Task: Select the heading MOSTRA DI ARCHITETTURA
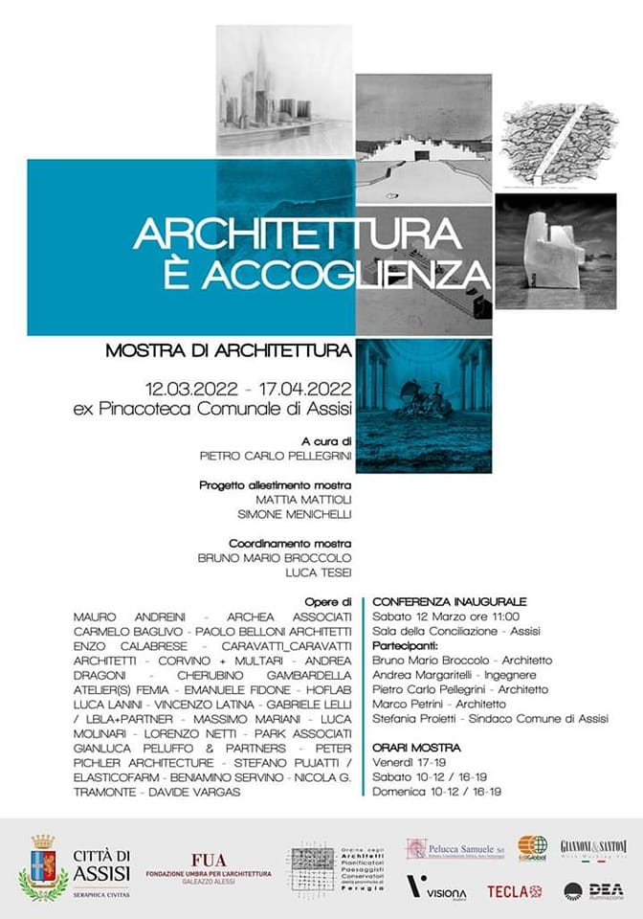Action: coord(229,351)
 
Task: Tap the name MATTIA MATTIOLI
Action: coord(303,499)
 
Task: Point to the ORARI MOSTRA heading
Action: coord(416,748)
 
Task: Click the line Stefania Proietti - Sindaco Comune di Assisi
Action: coord(490,719)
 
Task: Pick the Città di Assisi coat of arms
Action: coord(42,868)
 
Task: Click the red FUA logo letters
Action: coord(209,860)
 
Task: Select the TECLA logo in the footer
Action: coord(515,891)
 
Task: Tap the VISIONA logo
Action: coord(436,887)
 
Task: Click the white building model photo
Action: coord(555,251)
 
